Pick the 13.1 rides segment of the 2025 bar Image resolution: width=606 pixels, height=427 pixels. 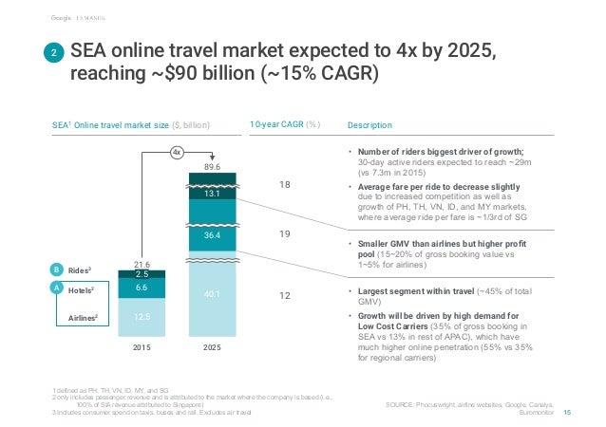point(212,194)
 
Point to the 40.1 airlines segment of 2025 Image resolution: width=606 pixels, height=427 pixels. point(212,294)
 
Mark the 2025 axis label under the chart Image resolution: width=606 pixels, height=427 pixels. point(212,347)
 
